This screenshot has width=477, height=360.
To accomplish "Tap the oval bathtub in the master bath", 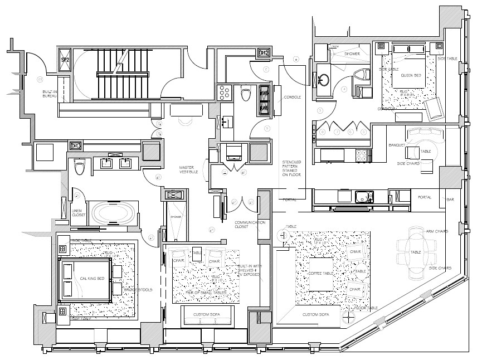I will (112, 213).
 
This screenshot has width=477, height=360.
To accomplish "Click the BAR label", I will (450, 200).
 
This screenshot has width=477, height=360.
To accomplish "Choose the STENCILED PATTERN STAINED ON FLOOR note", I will (292, 167).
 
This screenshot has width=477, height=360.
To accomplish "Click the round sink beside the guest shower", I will (322, 80).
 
